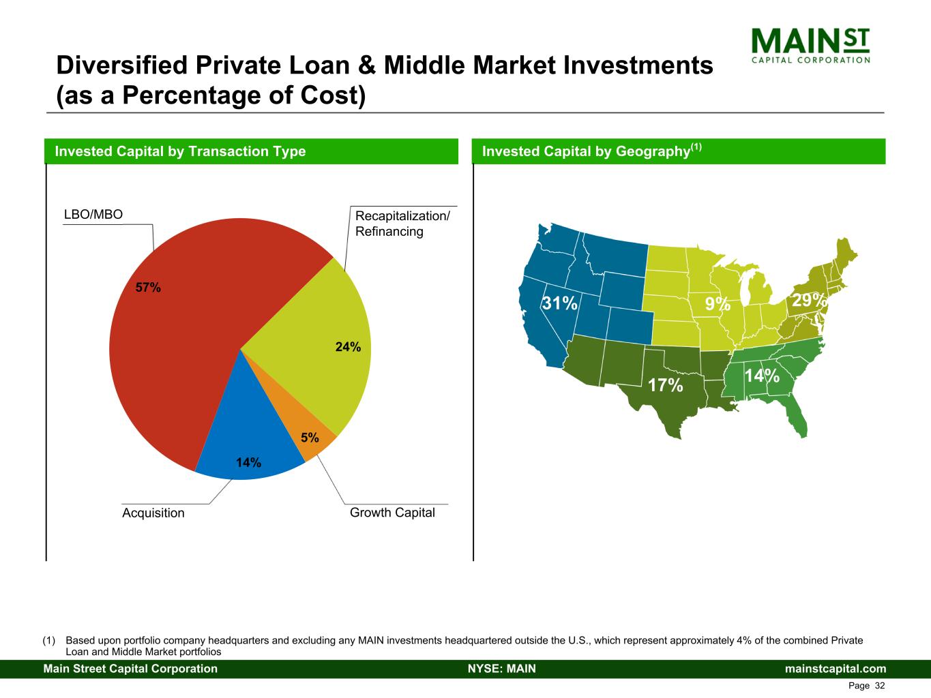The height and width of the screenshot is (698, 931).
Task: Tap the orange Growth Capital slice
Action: click(297, 428)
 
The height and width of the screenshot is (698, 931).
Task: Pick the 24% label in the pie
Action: click(348, 347)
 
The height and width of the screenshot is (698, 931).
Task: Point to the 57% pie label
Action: click(148, 288)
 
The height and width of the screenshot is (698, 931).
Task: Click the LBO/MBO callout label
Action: click(93, 215)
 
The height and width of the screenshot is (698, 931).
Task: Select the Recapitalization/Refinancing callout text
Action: click(402, 224)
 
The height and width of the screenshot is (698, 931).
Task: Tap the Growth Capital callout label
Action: click(392, 513)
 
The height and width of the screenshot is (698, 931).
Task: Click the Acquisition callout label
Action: click(153, 513)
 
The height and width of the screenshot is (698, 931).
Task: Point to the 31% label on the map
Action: click(560, 303)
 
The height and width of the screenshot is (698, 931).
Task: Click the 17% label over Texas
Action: click(666, 385)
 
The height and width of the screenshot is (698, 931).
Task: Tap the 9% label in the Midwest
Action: click(718, 303)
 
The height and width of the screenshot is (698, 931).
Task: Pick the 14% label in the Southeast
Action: click(762, 376)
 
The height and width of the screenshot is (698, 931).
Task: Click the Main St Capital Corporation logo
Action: click(810, 46)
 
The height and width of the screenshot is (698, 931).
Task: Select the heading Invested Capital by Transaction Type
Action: click(180, 151)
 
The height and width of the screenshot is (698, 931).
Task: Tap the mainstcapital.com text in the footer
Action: click(836, 669)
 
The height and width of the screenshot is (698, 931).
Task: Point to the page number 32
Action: click(880, 686)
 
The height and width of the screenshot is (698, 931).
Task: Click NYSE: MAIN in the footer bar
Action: click(502, 669)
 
